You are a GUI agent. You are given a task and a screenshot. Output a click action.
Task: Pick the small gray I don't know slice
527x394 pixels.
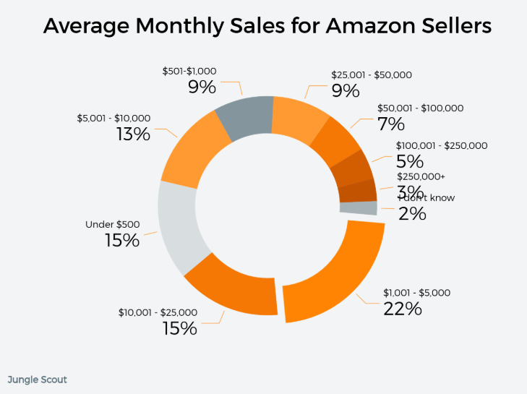coord(359,208)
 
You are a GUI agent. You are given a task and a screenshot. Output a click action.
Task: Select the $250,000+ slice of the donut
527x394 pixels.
coord(357,192)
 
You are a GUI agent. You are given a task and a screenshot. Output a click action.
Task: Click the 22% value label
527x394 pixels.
coord(403,309)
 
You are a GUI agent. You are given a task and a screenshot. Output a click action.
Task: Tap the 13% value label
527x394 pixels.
coord(133,134)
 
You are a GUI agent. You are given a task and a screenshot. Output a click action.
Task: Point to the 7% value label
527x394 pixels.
coord(391,124)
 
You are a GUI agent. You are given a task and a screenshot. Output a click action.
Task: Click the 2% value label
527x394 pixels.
coord(413,213)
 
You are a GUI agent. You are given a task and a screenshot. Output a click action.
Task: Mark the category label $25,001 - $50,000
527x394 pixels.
coord(371,74)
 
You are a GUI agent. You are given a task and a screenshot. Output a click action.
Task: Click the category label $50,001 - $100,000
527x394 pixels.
coord(421,108)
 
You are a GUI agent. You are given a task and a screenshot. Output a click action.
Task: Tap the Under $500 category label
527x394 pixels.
coord(113,224)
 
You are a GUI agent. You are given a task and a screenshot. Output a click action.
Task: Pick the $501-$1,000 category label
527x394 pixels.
coord(189,71)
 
